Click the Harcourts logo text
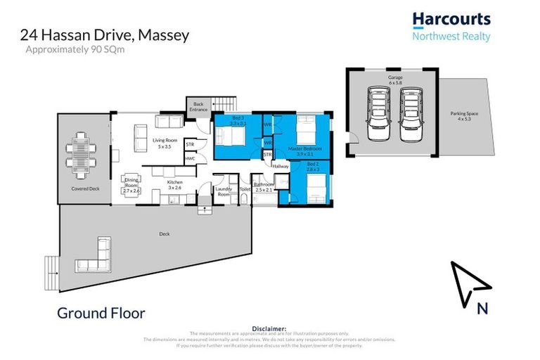click(451, 19)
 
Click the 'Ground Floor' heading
click(101, 312)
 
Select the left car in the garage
click(378, 115)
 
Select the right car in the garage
click(410, 115)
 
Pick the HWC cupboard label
click(190, 159)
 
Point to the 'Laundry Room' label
click(224, 191)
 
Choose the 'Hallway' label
click(281, 166)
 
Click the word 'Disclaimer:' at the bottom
click(269, 328)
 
